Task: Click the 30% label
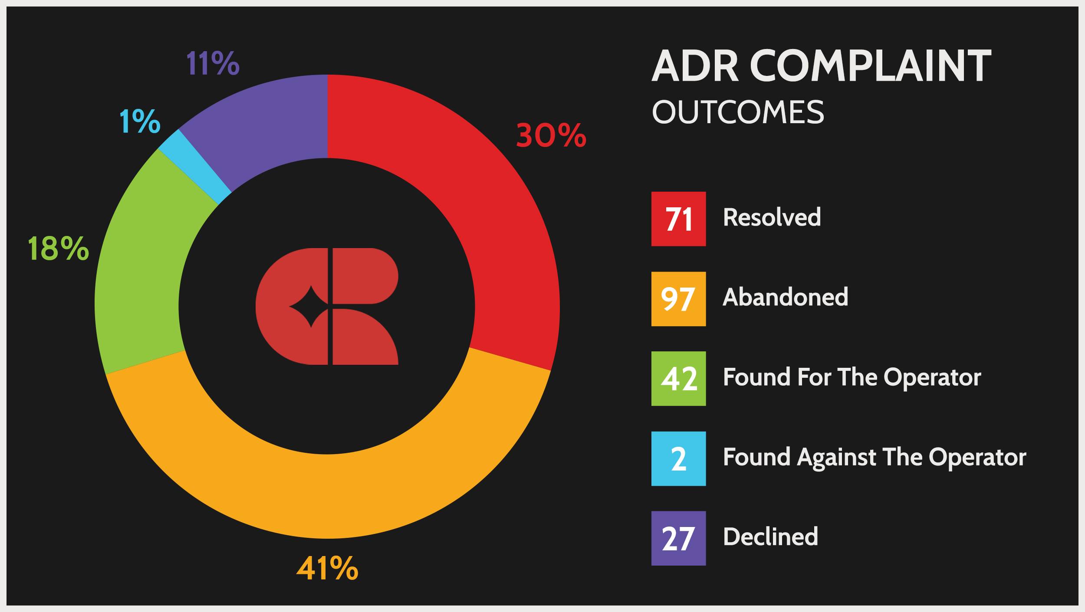click(551, 136)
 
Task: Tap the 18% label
click(58, 249)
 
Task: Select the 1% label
click(140, 121)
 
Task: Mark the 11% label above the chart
click(213, 63)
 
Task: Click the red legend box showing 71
click(678, 219)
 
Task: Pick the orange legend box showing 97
click(678, 299)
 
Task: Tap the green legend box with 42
click(678, 379)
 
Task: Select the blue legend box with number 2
click(678, 458)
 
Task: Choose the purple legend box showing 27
click(678, 538)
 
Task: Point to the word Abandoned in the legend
click(786, 297)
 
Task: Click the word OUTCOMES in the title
click(738, 112)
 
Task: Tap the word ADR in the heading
click(695, 66)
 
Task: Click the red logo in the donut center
click(327, 306)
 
